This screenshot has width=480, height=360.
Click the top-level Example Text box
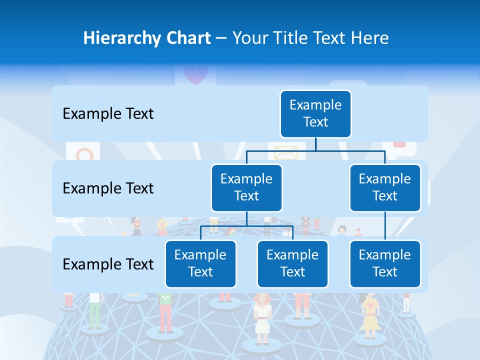[315, 114]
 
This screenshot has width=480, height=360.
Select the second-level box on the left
[246, 187]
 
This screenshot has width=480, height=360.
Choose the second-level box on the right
[385, 187]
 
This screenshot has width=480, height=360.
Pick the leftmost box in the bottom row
[200, 263]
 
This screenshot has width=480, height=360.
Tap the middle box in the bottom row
[292, 263]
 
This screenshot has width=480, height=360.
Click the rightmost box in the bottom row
[385, 263]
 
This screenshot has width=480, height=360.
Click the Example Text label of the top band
[108, 114]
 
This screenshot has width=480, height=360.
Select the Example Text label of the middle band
[108, 188]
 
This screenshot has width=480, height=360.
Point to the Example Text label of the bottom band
[108, 264]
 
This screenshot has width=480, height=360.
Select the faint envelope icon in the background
[286, 152]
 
